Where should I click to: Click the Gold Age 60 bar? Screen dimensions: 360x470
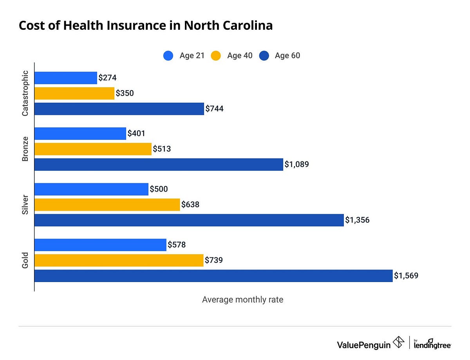(x=213, y=276)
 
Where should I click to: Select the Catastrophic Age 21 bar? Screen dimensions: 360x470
(x=66, y=78)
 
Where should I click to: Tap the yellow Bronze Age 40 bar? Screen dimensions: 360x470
(x=93, y=149)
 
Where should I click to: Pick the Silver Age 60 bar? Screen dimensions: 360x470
(x=189, y=220)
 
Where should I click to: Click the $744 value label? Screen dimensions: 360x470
(x=214, y=109)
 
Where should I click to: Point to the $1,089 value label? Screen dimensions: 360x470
(x=296, y=165)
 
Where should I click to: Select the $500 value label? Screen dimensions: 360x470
(x=159, y=189)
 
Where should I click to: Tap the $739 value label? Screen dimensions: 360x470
(x=214, y=260)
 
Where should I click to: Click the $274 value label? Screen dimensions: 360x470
(x=107, y=78)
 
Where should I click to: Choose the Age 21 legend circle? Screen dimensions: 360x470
(x=168, y=56)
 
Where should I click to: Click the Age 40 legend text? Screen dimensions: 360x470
(x=240, y=56)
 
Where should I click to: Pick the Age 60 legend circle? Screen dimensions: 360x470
(x=264, y=56)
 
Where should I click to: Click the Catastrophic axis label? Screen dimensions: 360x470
(x=25, y=93)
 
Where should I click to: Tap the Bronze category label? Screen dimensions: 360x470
(x=25, y=149)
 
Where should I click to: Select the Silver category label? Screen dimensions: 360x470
(x=25, y=204)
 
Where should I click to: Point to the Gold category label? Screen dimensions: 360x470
(x=25, y=260)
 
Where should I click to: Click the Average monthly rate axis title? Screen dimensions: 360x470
(x=242, y=300)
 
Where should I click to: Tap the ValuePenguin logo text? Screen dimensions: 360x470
(x=363, y=344)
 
